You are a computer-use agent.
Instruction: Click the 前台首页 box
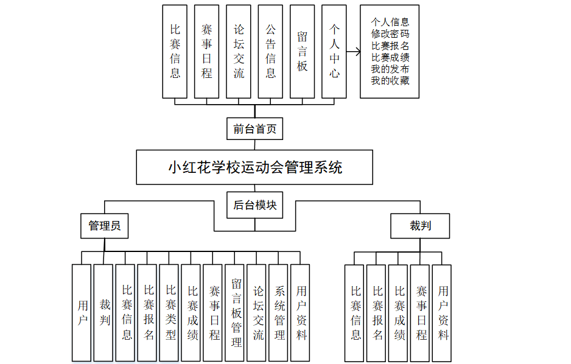[x=254, y=129]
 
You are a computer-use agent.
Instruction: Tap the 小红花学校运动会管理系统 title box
[x=254, y=167]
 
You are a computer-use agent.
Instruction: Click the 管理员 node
[x=105, y=226]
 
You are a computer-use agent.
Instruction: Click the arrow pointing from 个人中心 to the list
[x=353, y=52]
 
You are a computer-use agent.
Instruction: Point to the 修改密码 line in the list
[x=390, y=34]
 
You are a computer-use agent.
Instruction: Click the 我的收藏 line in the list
[x=390, y=80]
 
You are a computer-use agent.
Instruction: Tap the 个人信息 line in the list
[x=390, y=23]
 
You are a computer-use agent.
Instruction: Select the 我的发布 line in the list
[x=390, y=69]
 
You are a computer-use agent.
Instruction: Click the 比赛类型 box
[x=170, y=312]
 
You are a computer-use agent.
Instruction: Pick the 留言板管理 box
[x=236, y=312]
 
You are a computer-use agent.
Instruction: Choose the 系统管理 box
[x=280, y=312]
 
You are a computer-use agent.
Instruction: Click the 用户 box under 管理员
[x=82, y=312]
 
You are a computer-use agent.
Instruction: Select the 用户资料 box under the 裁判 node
[x=443, y=312]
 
